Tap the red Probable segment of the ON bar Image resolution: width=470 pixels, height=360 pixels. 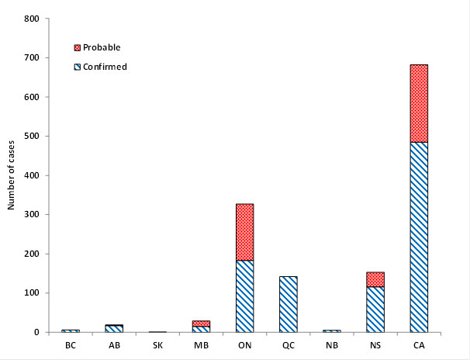pyautogui.click(x=244, y=232)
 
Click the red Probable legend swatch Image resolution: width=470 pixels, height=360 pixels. pyautogui.click(x=77, y=48)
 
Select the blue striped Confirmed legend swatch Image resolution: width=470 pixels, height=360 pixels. pyautogui.click(x=77, y=67)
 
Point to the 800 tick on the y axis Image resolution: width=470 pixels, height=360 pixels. pyautogui.click(x=31, y=19)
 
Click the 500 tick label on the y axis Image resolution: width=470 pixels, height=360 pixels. pyautogui.click(x=31, y=137)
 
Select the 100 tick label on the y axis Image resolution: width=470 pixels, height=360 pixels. pyautogui.click(x=31, y=293)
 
